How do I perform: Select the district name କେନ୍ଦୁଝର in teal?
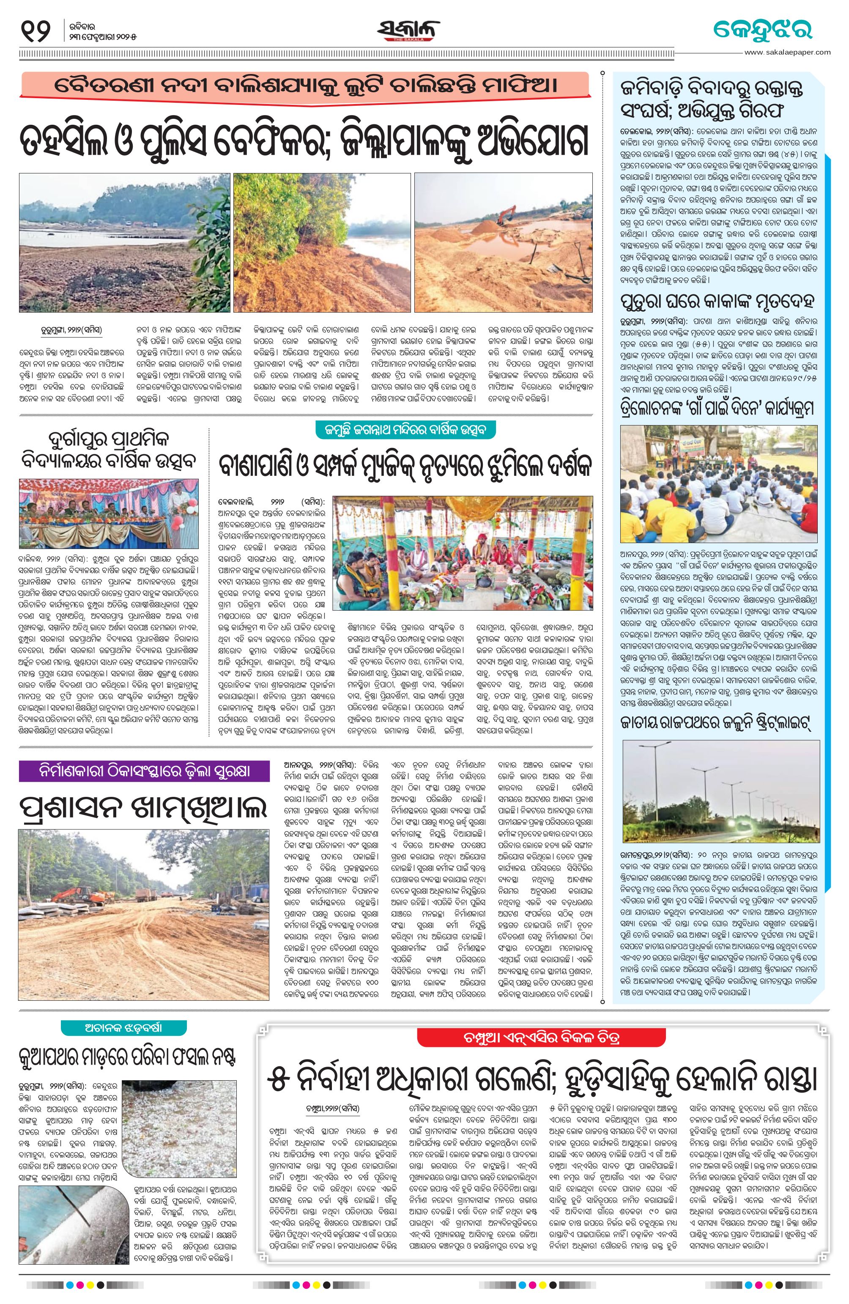click(x=762, y=30)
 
